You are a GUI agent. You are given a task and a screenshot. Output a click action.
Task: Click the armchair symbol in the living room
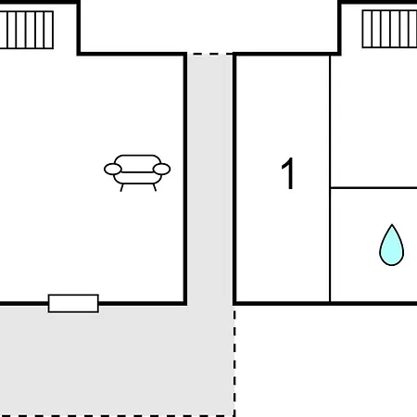(x=137, y=172)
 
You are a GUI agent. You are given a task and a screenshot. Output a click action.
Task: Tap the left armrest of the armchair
(x=113, y=170)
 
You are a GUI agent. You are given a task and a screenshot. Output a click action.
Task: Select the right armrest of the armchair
(x=161, y=170)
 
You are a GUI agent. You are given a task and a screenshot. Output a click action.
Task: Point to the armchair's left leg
(x=121, y=187)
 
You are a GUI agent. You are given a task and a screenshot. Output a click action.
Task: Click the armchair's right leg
(x=155, y=187)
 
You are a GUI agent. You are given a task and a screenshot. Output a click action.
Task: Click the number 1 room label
(x=288, y=173)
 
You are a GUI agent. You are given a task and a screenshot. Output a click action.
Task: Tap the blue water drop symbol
(x=392, y=245)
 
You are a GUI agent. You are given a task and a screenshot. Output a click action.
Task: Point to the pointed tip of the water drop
(x=392, y=224)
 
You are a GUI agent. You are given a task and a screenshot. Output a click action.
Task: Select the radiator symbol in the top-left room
(x=27, y=30)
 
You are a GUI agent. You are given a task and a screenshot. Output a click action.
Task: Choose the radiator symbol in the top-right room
(x=389, y=29)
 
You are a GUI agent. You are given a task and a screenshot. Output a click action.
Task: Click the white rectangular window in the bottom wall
(x=73, y=304)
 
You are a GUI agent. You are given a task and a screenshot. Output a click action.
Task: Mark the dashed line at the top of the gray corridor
(x=210, y=54)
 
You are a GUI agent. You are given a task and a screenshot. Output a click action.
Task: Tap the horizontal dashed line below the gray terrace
(x=118, y=416)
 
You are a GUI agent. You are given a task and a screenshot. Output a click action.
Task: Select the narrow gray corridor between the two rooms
(x=210, y=179)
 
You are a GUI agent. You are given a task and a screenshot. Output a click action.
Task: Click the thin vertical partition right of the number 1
(x=330, y=179)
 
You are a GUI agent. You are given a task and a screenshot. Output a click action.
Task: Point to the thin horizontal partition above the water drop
(x=373, y=187)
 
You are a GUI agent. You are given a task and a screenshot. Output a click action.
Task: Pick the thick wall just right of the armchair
(x=185, y=179)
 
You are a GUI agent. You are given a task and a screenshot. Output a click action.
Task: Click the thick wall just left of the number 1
(x=234, y=179)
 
